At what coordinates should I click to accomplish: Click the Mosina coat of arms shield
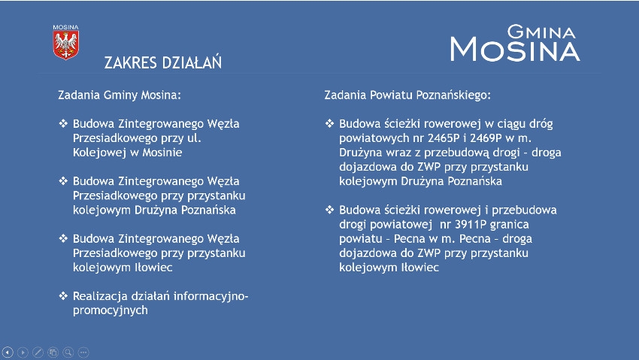(x=65, y=45)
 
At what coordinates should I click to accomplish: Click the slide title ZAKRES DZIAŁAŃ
(x=163, y=62)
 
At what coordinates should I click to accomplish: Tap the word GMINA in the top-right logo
(x=541, y=32)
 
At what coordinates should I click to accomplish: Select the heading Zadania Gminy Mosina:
(x=120, y=95)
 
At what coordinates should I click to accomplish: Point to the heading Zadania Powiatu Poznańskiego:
(x=407, y=95)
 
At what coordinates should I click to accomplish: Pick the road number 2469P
(x=486, y=138)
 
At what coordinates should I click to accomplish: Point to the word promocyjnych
(x=111, y=310)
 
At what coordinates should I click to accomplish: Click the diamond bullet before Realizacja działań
(x=63, y=295)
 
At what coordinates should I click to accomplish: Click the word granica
(x=510, y=225)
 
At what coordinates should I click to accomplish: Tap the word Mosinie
(x=162, y=153)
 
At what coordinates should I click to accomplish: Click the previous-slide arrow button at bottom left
(x=8, y=352)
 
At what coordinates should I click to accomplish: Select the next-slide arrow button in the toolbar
(x=23, y=352)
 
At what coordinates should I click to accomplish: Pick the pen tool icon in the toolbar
(x=38, y=352)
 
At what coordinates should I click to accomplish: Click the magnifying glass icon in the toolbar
(x=68, y=352)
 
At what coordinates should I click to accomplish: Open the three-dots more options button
(x=83, y=352)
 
